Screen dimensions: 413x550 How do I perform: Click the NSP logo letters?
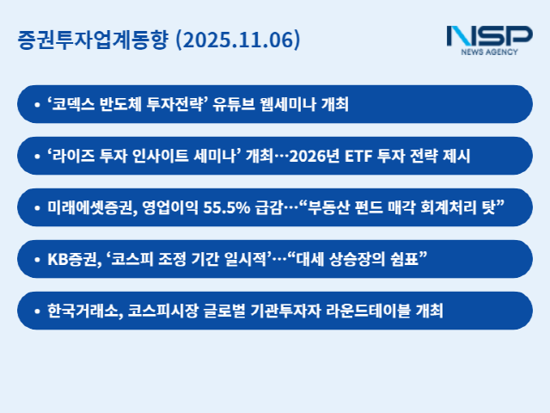488,36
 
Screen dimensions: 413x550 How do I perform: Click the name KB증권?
71,259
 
